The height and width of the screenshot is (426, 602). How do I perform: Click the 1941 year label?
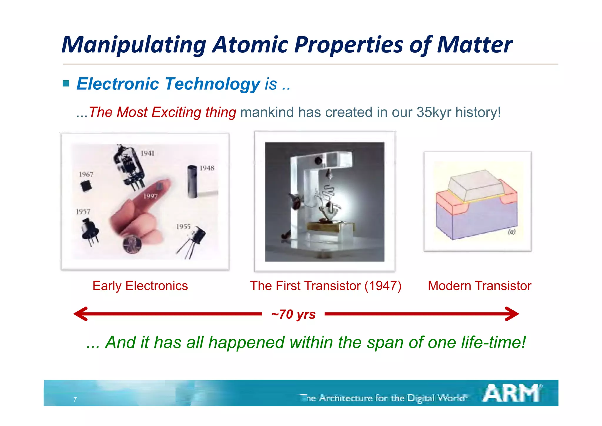coord(147,153)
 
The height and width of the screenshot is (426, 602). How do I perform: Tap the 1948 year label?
coord(207,168)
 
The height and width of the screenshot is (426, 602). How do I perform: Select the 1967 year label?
coord(86,174)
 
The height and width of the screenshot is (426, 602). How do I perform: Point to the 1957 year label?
coord(83,212)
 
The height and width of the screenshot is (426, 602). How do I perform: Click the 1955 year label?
coord(183,227)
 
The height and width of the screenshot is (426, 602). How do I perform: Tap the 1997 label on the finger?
coord(150,196)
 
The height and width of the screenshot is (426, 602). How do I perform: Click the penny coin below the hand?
coord(132,244)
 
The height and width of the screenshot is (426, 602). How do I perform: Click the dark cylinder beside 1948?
coord(192,182)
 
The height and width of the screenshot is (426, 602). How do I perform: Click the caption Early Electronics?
coord(140,286)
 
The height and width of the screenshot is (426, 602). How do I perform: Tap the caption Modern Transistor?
coord(479,286)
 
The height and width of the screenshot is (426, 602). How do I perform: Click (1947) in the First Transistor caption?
coord(383,286)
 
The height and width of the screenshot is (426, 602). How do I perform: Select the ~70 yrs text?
coord(293,314)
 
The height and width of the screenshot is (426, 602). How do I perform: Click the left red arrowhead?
coord(81,314)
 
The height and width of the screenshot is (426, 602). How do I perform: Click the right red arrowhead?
coord(512,314)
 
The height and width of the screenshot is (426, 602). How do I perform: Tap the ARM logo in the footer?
coord(511,393)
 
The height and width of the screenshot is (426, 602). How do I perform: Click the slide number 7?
coord(75,399)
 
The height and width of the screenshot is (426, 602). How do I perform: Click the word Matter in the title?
coord(474,45)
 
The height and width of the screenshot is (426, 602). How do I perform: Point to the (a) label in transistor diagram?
coord(511,232)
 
